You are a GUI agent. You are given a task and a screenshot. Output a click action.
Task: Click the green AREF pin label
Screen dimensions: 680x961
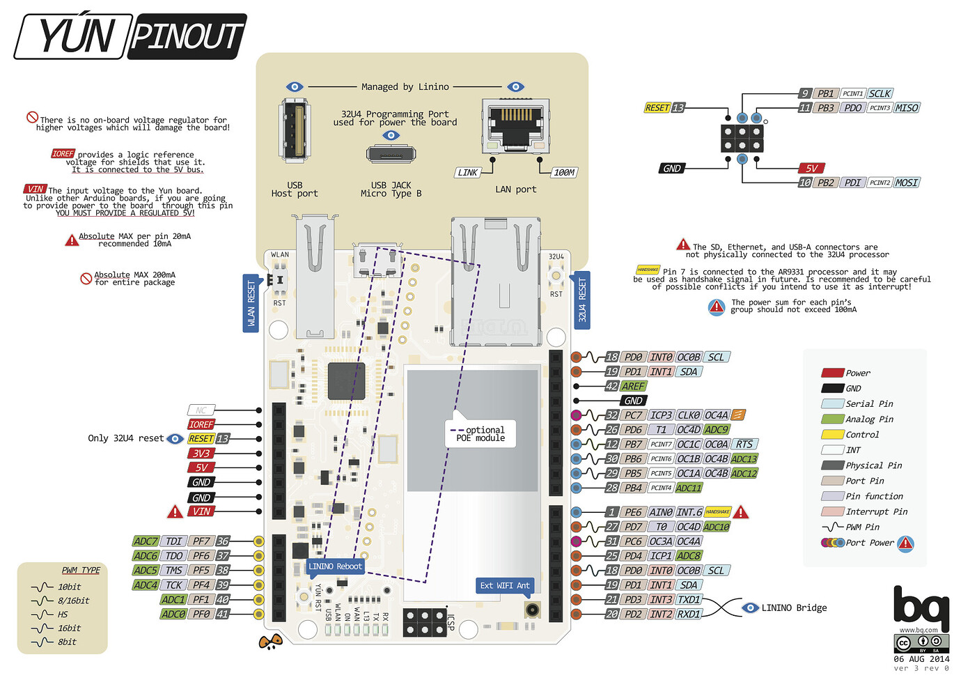pos(633,386)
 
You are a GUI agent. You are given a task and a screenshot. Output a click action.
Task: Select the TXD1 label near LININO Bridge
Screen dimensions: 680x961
pos(688,599)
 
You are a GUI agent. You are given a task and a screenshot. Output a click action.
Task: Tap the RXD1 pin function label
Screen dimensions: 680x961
pos(688,614)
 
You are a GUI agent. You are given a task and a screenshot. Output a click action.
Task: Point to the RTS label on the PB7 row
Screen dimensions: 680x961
pos(744,444)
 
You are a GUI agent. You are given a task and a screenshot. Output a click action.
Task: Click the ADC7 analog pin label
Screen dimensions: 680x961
pos(146,541)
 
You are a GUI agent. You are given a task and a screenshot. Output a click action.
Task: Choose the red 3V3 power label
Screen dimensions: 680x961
pos(201,453)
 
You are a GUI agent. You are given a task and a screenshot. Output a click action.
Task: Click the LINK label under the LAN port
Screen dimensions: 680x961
pos(468,172)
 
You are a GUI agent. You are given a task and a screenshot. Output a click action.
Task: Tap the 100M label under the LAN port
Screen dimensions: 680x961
pos(564,172)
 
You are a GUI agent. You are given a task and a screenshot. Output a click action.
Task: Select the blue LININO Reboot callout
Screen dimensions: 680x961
pos(335,566)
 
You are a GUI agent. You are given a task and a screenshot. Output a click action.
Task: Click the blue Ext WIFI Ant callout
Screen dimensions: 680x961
pos(505,585)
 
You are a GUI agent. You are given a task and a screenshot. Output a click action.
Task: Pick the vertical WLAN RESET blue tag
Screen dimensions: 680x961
pos(251,302)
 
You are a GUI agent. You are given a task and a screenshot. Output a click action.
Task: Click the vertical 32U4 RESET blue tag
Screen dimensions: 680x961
pos(582,301)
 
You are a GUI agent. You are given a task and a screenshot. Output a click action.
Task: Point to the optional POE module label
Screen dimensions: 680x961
pos(481,434)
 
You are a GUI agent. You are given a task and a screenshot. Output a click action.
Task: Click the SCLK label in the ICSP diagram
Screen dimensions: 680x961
pos(880,93)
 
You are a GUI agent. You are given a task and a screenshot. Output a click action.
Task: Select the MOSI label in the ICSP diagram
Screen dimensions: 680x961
pos(906,183)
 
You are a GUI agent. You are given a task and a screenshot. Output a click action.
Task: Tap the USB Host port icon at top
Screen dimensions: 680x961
pos(295,132)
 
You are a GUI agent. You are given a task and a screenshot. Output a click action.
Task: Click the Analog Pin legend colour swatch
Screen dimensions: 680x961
pos(832,419)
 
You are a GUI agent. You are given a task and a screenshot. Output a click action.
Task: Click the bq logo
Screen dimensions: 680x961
pos(921,608)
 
